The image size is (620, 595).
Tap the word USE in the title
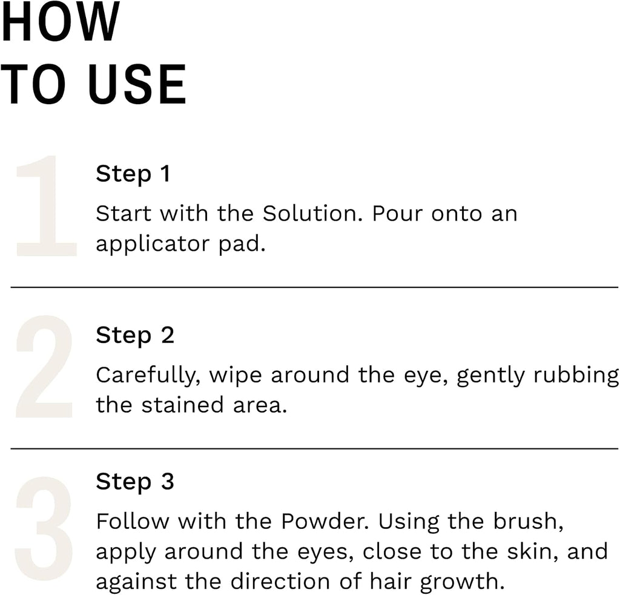[x=137, y=84]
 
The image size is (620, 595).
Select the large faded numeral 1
[x=45, y=206]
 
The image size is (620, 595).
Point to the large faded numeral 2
[x=44, y=367]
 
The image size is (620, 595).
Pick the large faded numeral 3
[x=44, y=528]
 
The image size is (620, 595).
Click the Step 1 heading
[x=133, y=174]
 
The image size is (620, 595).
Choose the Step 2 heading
[x=135, y=336]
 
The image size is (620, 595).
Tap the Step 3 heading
[x=135, y=482]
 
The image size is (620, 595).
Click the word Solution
[x=312, y=213]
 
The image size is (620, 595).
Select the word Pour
[x=397, y=213]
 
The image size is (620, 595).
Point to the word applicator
[x=153, y=244]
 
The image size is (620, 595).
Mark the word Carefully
[x=148, y=376]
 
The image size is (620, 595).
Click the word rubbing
[x=576, y=376]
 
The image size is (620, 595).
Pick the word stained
[x=183, y=405]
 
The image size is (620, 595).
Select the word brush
[x=528, y=521]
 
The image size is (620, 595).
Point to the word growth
[x=462, y=582]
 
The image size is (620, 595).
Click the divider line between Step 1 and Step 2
[x=314, y=287]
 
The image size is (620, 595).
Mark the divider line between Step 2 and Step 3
[x=314, y=449]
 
